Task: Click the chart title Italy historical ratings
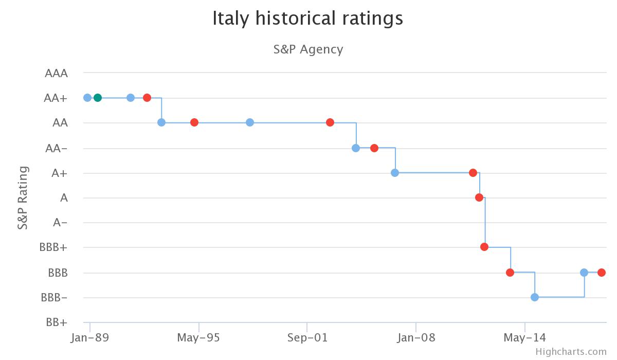coord(307,19)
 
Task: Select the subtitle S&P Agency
coord(308,49)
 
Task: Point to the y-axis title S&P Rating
coord(23,197)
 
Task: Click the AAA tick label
coord(57,73)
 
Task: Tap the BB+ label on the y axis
coord(57,322)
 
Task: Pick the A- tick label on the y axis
coord(60,223)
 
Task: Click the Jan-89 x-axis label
coord(90,338)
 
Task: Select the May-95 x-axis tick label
coord(198,338)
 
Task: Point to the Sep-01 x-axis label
coord(307,338)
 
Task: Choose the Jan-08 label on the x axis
coord(416,338)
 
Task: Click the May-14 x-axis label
coord(524,338)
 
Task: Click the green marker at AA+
coord(98,98)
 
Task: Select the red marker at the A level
coord(479,197)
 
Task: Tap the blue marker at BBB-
coord(535,297)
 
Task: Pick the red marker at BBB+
coord(484,247)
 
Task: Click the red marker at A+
coord(473,173)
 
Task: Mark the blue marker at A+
coord(395,173)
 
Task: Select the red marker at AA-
coord(374,148)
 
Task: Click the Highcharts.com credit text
coord(571,352)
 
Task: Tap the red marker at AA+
coord(147,98)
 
